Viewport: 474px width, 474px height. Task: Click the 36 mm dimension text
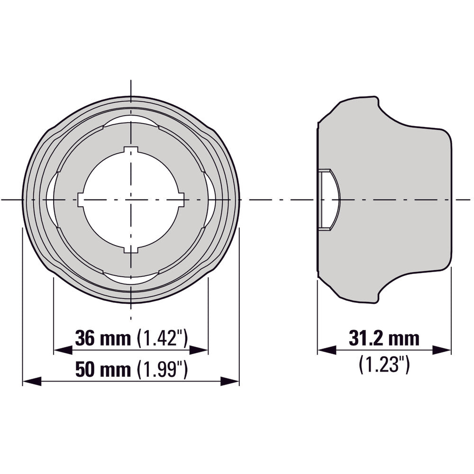click(x=102, y=338)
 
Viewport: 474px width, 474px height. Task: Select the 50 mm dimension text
click(x=102, y=369)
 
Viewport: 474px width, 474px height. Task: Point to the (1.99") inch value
click(x=162, y=369)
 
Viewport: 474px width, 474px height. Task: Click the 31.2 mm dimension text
click(x=384, y=338)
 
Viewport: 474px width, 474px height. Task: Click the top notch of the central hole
click(x=130, y=150)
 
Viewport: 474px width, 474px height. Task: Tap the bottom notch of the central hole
click(x=130, y=249)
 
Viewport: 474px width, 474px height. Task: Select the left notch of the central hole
click(x=81, y=200)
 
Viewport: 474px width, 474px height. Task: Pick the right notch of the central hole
click(x=181, y=200)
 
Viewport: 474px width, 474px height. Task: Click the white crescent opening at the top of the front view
click(x=130, y=120)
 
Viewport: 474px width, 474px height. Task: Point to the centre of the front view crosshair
click(x=130, y=200)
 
